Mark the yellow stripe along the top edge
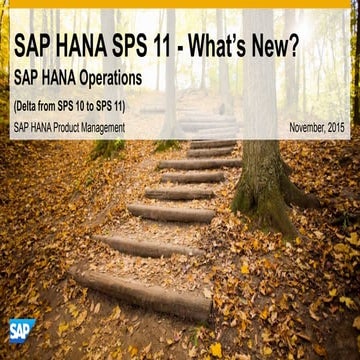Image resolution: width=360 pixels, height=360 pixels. point(180,4)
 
